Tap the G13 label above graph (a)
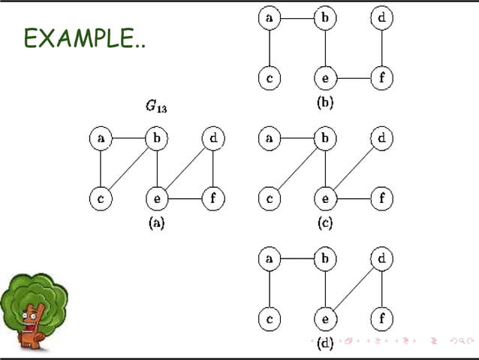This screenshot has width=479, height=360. click(156, 107)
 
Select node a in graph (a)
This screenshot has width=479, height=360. click(100, 139)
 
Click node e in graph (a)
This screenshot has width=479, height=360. click(156, 199)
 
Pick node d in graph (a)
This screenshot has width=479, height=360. click(213, 139)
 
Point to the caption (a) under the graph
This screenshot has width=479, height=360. click(156, 222)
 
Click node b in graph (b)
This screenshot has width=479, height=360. click(325, 17)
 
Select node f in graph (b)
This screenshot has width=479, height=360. click(382, 77)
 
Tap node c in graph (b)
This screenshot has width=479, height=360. click(269, 77)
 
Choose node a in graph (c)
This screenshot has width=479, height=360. click(269, 139)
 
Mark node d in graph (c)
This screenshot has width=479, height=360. click(382, 139)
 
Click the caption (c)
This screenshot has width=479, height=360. click(325, 222)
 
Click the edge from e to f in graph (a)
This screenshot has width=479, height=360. click(185, 199)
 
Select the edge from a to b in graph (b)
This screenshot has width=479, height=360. click(297, 17)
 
